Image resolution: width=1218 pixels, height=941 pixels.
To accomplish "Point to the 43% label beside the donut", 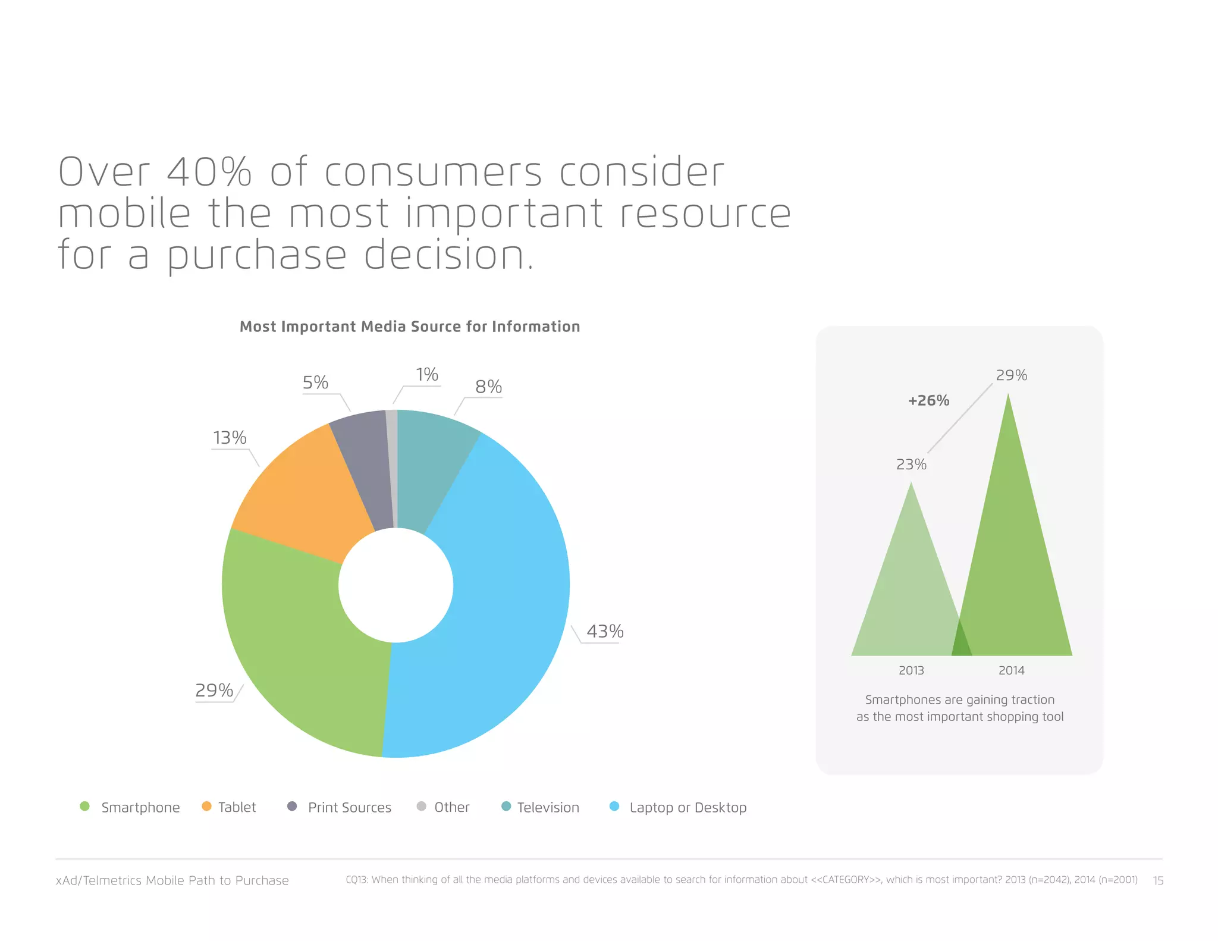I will point(605,631).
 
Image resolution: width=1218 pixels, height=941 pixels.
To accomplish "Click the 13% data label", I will point(230,438).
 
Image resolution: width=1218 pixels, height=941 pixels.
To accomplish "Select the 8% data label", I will point(488,387).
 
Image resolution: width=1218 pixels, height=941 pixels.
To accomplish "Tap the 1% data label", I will point(427,375).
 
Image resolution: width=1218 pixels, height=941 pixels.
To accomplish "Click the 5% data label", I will point(315,382).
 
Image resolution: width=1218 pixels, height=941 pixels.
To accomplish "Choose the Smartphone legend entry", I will point(140,807).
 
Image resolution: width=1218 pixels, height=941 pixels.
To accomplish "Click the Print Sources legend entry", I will point(349,807).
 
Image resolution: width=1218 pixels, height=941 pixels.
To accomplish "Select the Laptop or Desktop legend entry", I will point(688,807).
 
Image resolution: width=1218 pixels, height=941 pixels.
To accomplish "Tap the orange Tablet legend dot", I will point(206,807).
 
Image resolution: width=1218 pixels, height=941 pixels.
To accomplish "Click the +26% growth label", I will point(928,400).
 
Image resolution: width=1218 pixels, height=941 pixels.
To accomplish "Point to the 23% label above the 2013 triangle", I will point(911,464).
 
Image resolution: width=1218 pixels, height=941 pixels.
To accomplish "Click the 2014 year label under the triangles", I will point(1011,670).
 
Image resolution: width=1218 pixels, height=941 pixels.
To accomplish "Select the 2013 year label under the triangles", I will point(911,670).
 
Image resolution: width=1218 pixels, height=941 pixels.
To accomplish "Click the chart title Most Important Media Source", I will point(410,327).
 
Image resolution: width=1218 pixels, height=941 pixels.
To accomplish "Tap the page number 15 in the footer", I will point(1158,880).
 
